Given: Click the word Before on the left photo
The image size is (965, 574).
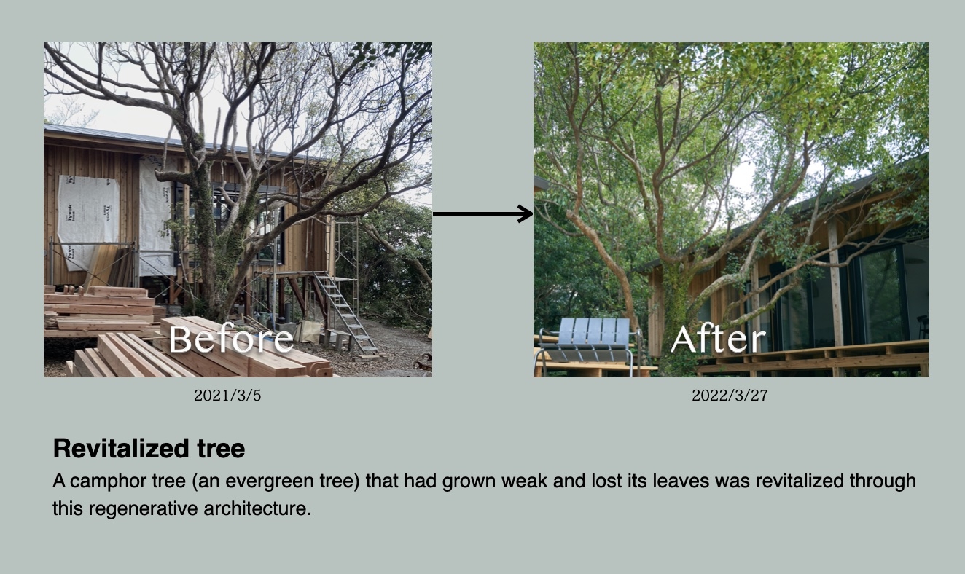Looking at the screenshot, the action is [x=231, y=339].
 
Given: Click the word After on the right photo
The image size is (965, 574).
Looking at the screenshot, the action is [x=718, y=339].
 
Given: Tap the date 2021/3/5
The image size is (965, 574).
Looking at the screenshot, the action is [x=227, y=396].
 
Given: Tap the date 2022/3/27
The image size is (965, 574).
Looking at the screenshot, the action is [x=730, y=396].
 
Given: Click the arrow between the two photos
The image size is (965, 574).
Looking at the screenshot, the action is [x=483, y=213].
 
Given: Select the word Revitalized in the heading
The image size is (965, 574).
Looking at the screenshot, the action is [x=121, y=448].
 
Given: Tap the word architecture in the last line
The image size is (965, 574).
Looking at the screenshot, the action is [x=257, y=508].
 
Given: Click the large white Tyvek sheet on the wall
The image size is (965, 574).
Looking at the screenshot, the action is [x=88, y=221].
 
